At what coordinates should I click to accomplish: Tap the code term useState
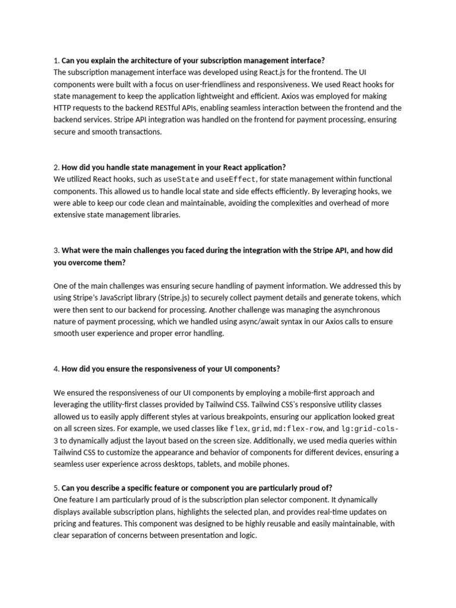point(181,179)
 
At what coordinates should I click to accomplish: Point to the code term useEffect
point(236,179)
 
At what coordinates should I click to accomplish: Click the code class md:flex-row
point(300,428)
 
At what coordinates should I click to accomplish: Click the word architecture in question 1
point(154,60)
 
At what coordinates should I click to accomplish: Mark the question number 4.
point(56,369)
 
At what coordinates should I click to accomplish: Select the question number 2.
point(56,167)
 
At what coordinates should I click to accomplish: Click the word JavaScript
point(124,297)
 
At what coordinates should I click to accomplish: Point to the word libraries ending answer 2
point(160,214)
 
